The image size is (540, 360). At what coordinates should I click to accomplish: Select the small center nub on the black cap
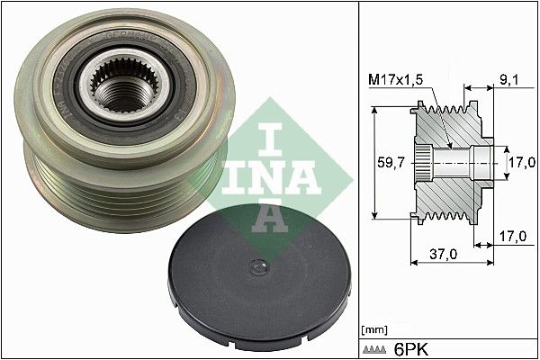(258, 266)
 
